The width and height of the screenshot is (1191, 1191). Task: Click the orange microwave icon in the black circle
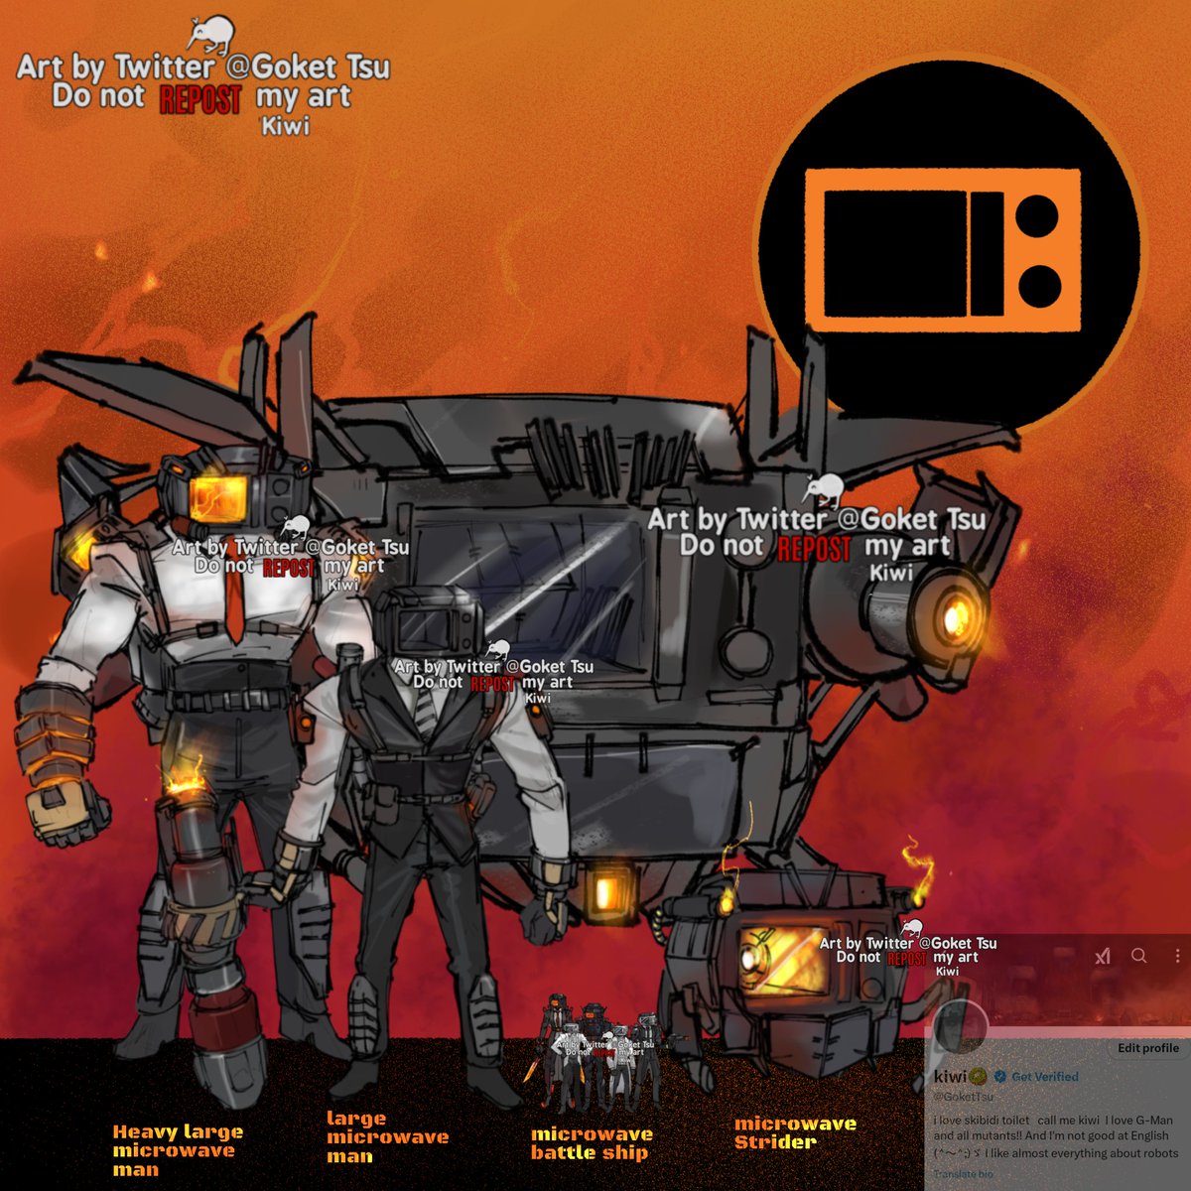click(x=942, y=248)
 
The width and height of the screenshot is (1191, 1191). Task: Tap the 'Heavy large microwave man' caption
click(x=177, y=1150)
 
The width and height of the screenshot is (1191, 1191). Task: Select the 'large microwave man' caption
click(x=387, y=1137)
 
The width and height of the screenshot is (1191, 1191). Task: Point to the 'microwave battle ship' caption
click(x=592, y=1143)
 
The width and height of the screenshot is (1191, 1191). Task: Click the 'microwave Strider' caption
click(x=794, y=1132)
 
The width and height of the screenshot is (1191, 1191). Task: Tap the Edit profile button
click(x=1147, y=1048)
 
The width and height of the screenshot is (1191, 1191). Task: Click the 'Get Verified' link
click(x=1044, y=1077)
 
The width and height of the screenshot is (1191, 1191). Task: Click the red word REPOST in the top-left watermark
click(x=200, y=99)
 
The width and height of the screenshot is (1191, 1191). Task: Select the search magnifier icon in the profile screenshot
click(x=1139, y=956)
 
